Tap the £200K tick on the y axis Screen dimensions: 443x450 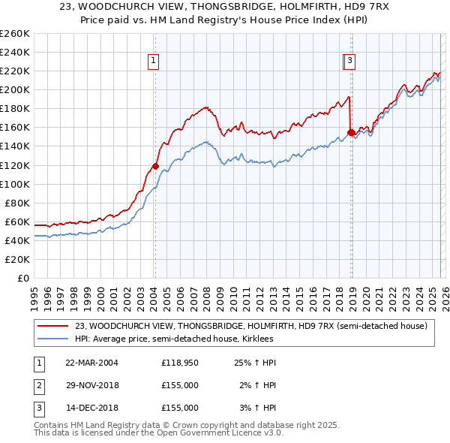[x=15, y=89]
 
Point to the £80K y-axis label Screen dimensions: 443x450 [x=17, y=203]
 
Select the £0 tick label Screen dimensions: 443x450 [x=23, y=278]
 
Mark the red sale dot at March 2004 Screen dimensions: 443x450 [x=155, y=166]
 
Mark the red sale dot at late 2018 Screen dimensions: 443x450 [x=351, y=132]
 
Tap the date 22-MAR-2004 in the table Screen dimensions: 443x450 [x=91, y=363]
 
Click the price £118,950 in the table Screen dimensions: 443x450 [x=180, y=363]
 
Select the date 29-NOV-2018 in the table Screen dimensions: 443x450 [x=91, y=385]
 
